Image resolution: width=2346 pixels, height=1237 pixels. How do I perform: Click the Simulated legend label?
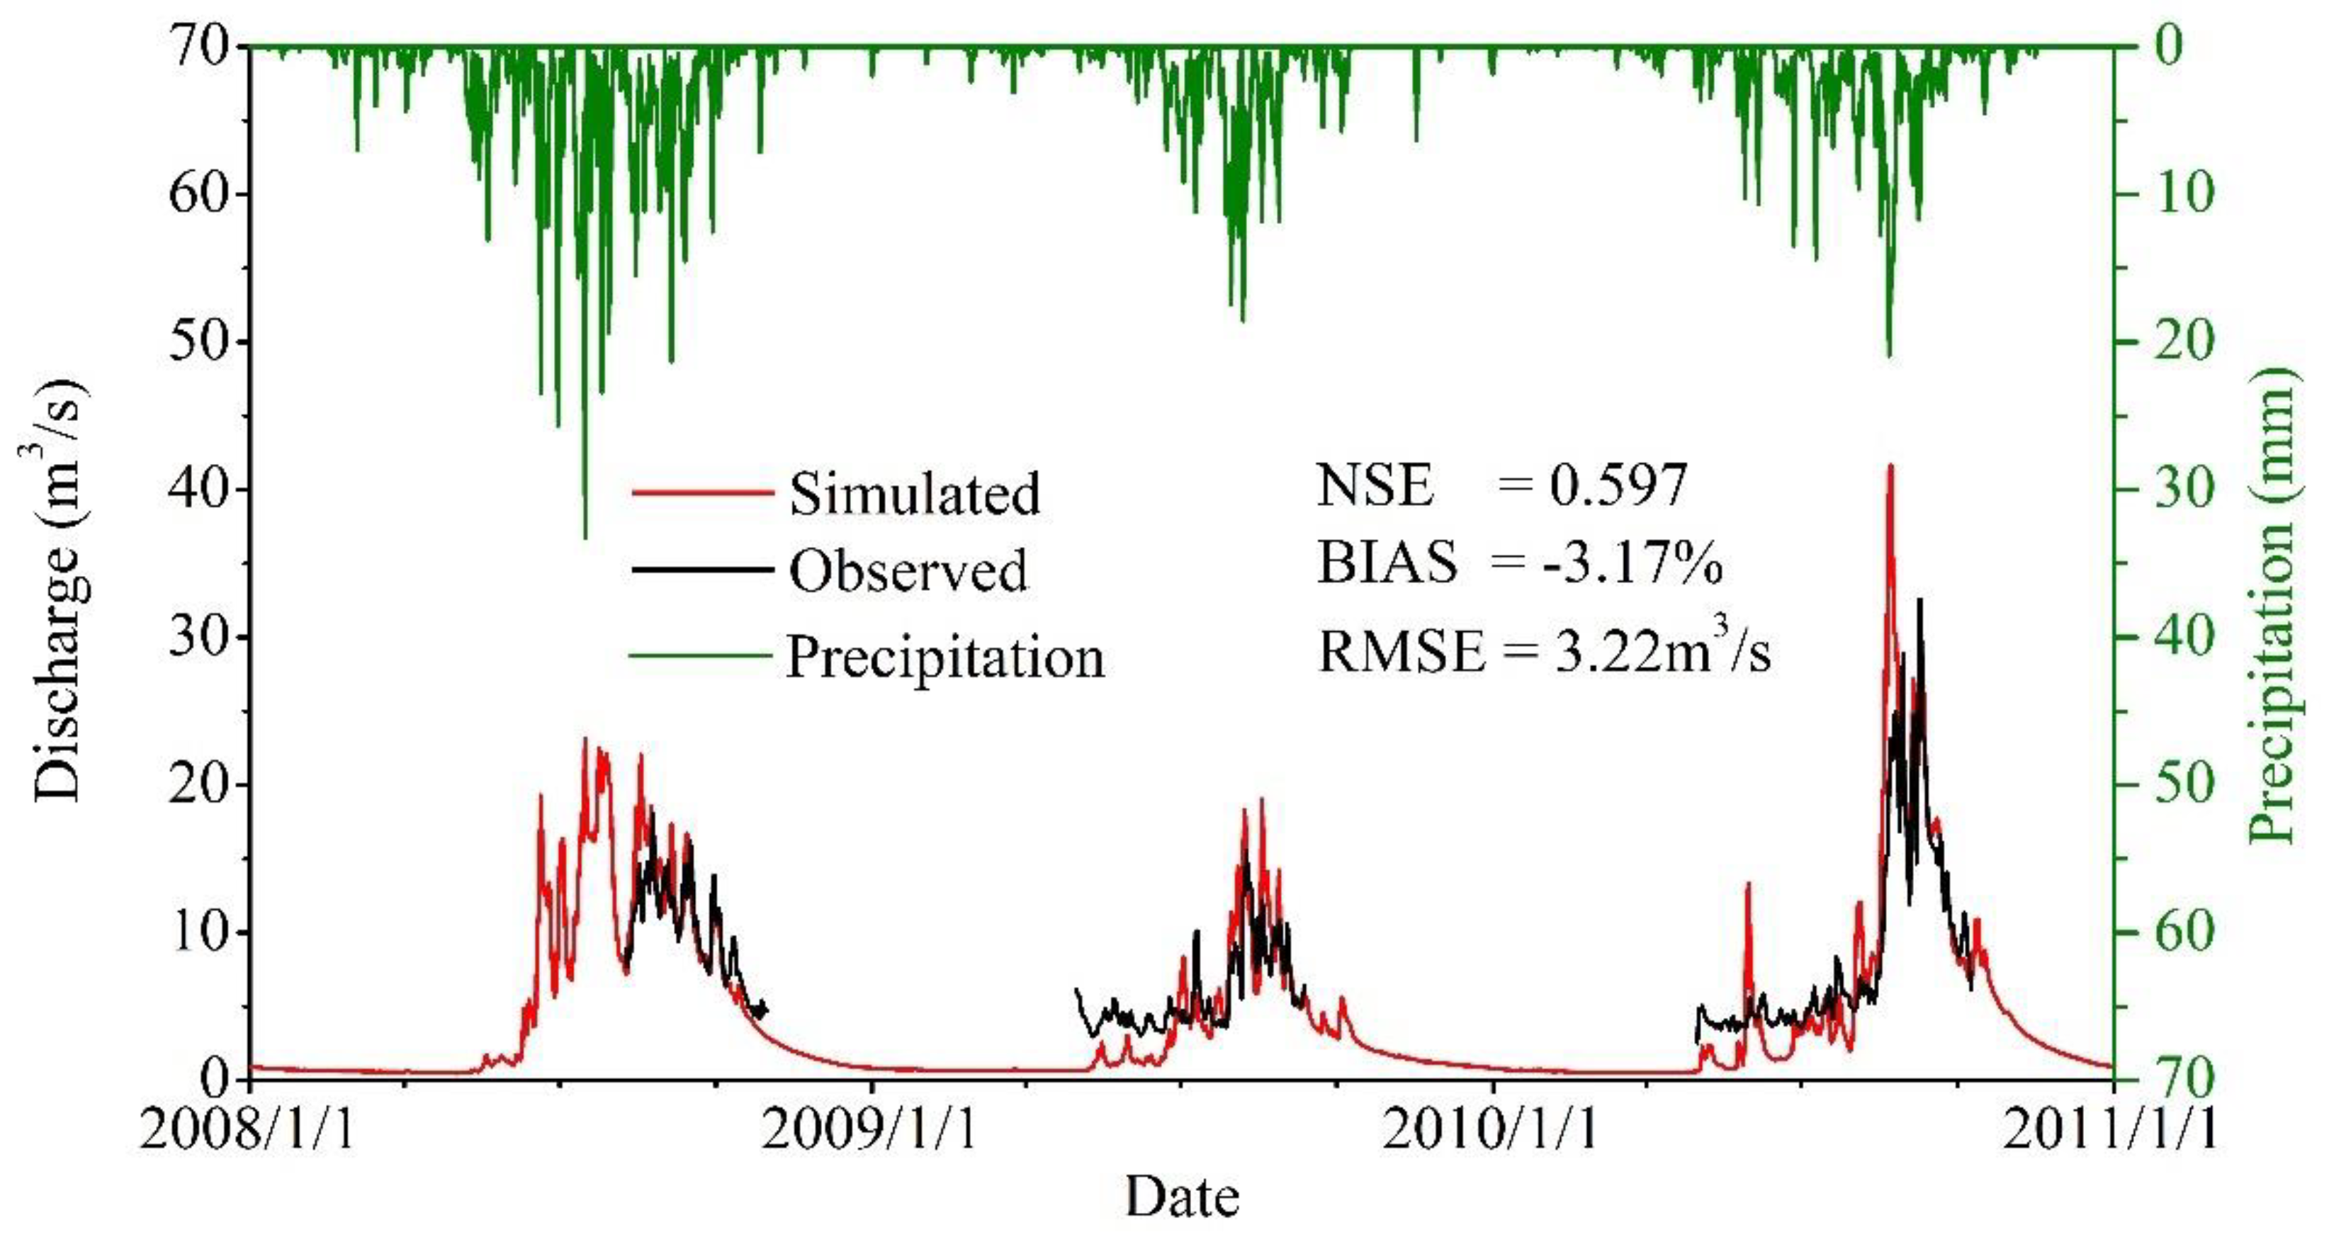click(x=913, y=494)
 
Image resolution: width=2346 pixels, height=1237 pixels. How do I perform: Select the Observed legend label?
click(x=908, y=571)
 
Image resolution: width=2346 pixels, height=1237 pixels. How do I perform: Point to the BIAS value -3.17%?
click(x=1632, y=564)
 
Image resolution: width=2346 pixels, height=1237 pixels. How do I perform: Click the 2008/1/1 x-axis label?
click(x=248, y=1131)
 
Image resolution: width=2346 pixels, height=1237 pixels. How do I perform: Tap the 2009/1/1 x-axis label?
click(x=869, y=1131)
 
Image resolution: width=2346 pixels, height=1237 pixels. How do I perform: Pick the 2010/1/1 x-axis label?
click(x=1491, y=1131)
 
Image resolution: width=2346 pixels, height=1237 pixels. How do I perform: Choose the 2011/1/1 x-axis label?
click(x=2111, y=1131)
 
